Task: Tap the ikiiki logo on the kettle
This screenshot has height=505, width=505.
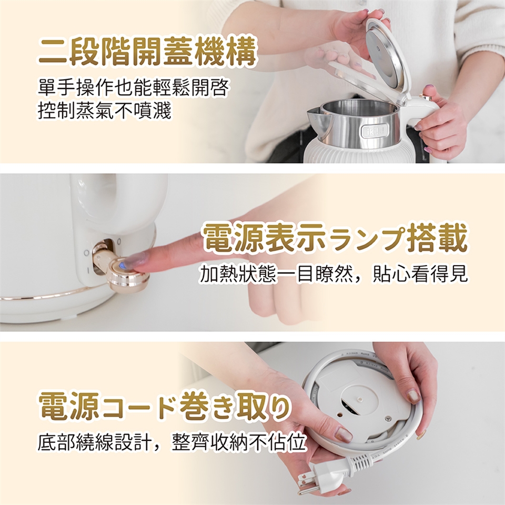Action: tap(375, 130)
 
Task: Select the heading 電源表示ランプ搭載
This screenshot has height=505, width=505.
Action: tap(335, 239)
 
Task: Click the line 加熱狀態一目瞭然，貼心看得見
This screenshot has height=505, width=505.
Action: tap(334, 274)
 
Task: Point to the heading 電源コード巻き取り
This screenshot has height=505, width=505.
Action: tap(164, 406)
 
